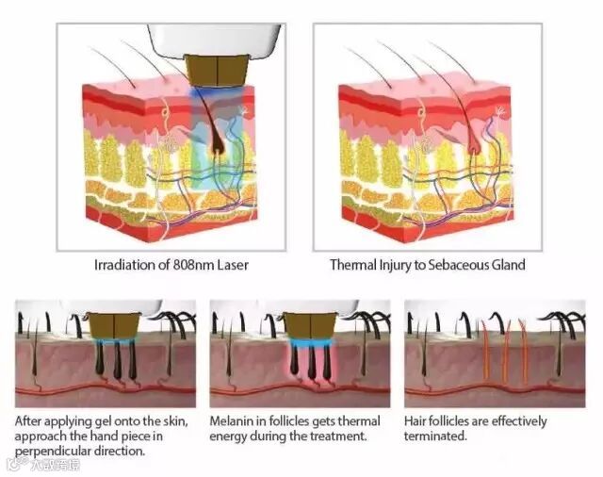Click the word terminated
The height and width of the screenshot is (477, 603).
click(435, 436)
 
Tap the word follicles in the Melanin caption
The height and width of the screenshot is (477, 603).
click(293, 421)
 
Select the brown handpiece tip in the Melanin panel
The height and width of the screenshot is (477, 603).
click(304, 326)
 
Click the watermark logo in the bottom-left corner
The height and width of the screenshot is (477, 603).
click(13, 464)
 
